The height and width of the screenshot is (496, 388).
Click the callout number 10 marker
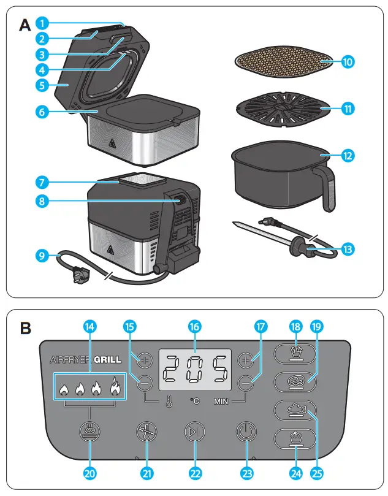(347, 62)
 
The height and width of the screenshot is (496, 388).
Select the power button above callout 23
(245, 432)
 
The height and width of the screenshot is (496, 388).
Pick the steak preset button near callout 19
(296, 381)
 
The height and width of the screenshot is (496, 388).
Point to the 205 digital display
(195, 370)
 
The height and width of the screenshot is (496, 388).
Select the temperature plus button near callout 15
(145, 359)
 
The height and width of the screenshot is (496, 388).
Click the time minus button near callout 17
(246, 384)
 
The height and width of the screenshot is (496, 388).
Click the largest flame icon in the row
(115, 387)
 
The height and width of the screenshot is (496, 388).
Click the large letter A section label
(25, 25)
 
